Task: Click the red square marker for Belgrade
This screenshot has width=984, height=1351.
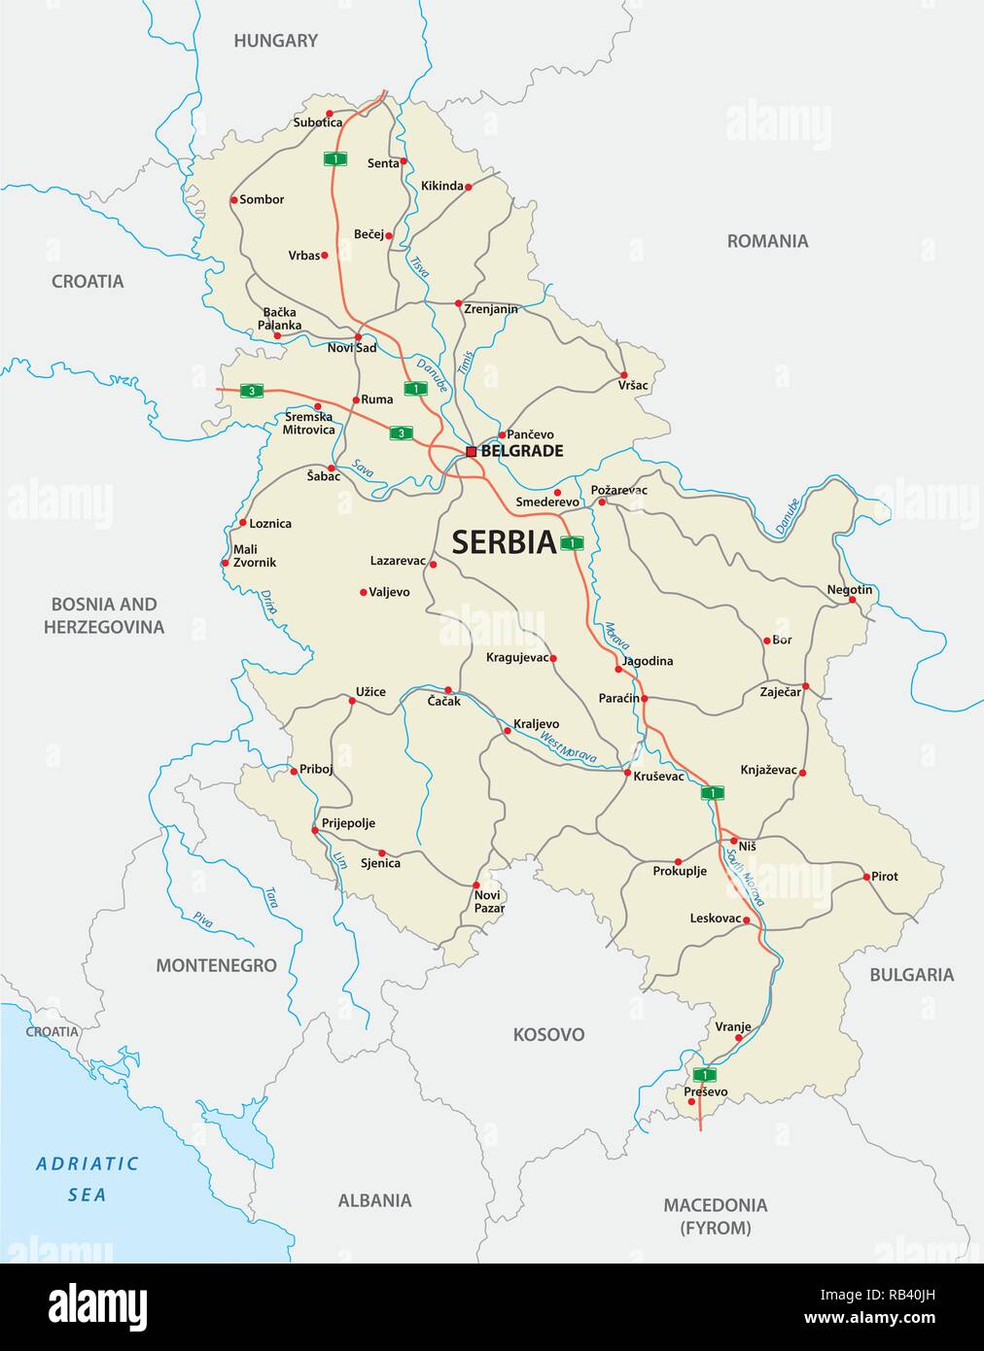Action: (x=472, y=452)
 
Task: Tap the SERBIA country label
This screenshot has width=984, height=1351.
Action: (x=504, y=541)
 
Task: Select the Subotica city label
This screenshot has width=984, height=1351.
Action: (x=318, y=122)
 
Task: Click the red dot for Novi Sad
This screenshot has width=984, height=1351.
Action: (x=358, y=336)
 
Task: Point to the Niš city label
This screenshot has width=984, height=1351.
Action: (x=747, y=846)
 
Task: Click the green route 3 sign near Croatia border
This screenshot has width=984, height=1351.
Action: (x=252, y=391)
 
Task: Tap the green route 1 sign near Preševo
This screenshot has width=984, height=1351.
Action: (x=704, y=1074)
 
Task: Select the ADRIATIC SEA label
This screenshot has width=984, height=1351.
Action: (x=88, y=1178)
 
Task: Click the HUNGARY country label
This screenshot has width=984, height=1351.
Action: (x=275, y=41)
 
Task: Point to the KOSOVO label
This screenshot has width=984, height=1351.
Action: (x=548, y=1034)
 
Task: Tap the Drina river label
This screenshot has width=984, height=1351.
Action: (x=269, y=604)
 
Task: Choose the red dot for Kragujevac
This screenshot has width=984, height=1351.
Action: (x=553, y=658)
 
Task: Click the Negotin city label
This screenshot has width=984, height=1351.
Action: (x=849, y=590)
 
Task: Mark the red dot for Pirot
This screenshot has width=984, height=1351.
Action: (x=866, y=877)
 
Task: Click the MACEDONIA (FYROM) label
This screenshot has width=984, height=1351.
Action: (x=715, y=1216)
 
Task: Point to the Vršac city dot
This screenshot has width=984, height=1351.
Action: (x=624, y=374)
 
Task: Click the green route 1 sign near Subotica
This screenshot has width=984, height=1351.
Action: (x=335, y=158)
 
